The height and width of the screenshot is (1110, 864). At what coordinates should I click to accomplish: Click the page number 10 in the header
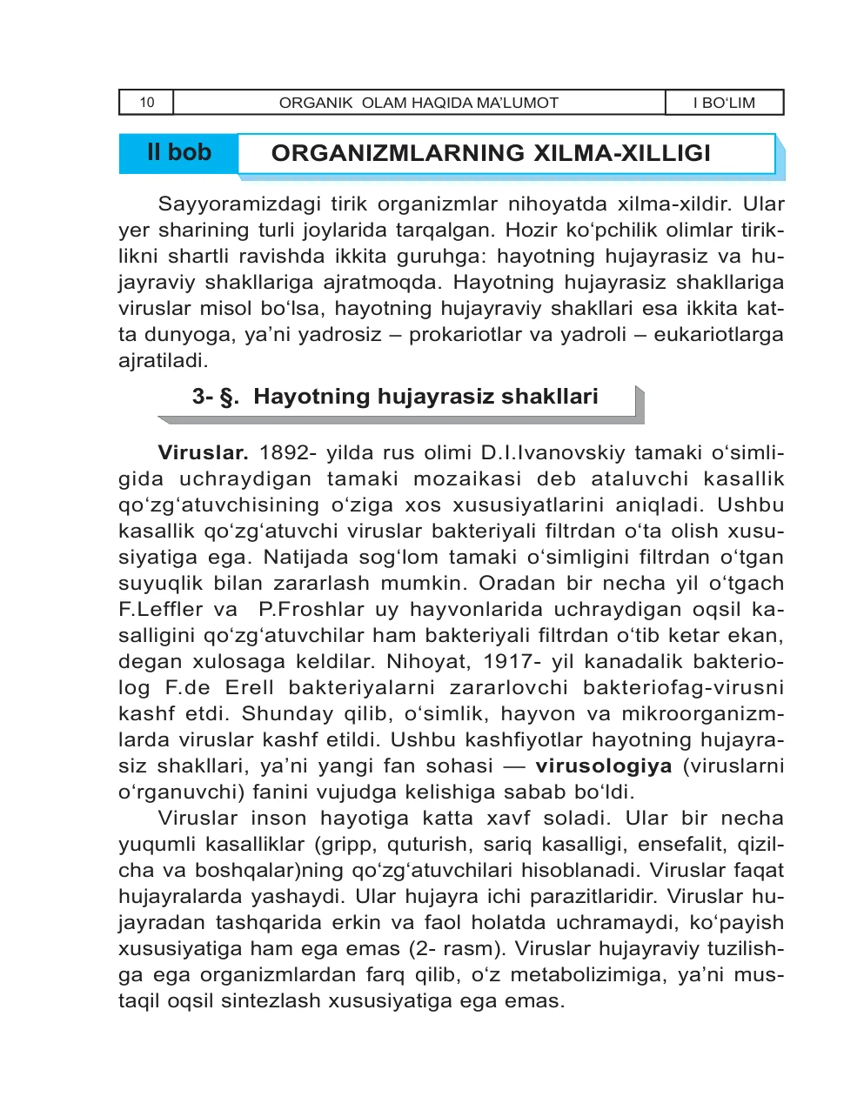[x=146, y=103]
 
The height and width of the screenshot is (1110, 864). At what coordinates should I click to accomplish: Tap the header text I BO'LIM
[x=724, y=103]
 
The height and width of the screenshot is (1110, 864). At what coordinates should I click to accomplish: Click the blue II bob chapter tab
[x=179, y=153]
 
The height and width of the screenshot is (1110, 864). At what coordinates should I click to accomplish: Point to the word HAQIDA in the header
[x=441, y=103]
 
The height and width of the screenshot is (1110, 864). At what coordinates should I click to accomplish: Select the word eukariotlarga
[x=718, y=335]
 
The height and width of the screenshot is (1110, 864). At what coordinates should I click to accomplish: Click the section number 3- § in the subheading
[x=215, y=397]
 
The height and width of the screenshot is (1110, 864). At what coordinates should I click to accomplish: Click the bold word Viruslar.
[x=203, y=453]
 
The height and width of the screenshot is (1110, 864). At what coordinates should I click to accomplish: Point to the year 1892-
[x=288, y=453]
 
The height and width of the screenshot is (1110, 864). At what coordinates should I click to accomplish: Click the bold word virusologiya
[x=603, y=766]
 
